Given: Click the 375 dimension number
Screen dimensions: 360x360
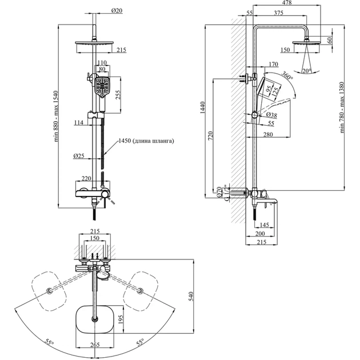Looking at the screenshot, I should click(279, 14).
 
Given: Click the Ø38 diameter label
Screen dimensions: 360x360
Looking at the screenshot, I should click(273, 115).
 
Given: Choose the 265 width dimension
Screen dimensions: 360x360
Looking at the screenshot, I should click(95, 345).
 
